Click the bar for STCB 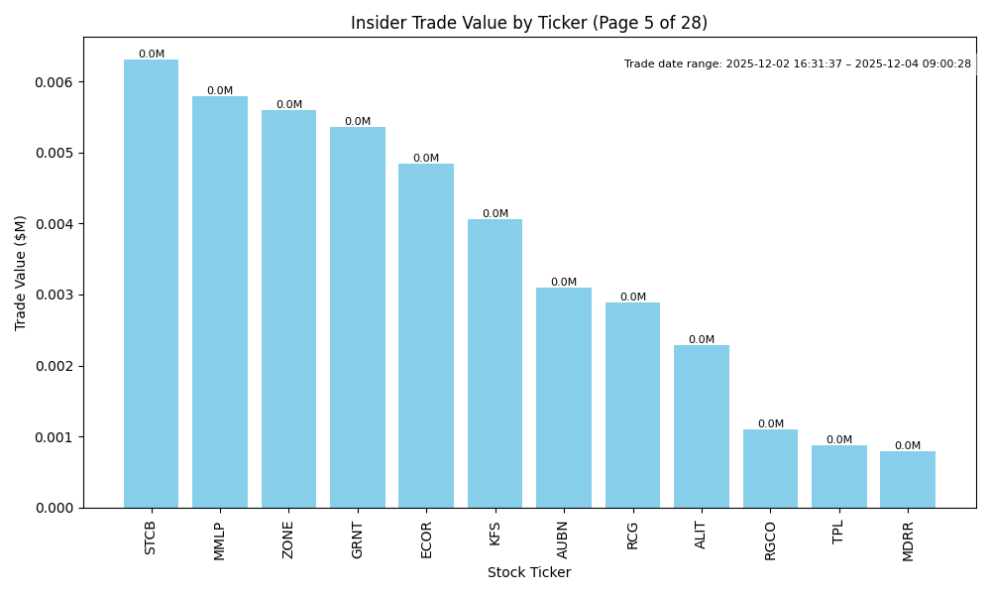[151, 284]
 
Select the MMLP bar [220, 301]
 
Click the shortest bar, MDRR [908, 480]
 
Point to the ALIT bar [702, 426]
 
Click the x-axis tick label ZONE [288, 539]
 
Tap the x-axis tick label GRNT [358, 539]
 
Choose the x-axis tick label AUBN [564, 539]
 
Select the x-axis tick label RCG [632, 535]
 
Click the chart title [529, 23]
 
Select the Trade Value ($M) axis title [21, 273]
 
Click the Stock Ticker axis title [529, 573]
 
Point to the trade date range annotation [798, 64]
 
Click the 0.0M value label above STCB [152, 55]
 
